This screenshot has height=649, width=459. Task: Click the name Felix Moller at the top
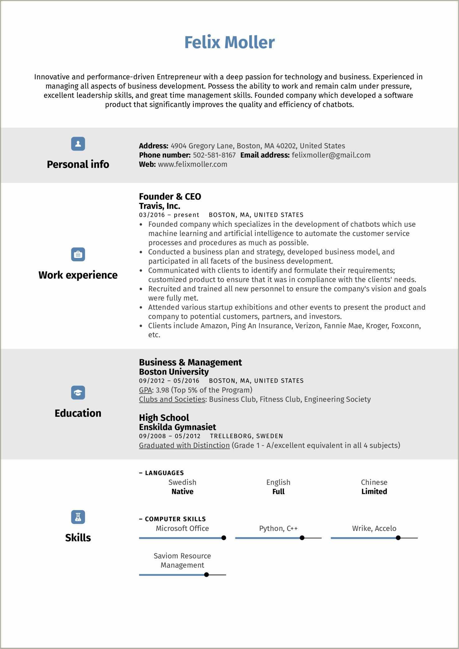(230, 42)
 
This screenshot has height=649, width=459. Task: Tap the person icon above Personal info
(78, 144)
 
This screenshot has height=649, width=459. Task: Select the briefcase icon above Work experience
(78, 255)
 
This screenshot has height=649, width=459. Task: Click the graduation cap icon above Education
(78, 393)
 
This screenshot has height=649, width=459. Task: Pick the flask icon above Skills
(78, 517)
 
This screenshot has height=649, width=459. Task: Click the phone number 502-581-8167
(214, 155)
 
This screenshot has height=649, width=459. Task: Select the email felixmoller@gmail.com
(331, 155)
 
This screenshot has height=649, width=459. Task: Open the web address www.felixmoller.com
(192, 164)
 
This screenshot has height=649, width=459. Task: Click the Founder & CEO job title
(170, 197)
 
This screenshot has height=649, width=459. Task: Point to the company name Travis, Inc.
(159, 206)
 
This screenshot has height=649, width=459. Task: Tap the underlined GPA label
(145, 390)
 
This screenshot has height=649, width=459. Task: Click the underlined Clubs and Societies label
(172, 399)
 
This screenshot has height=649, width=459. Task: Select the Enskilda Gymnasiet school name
(177, 427)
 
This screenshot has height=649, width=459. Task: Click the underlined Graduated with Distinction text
(184, 446)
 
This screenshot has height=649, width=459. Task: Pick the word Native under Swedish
(182, 492)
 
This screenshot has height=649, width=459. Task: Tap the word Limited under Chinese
(374, 492)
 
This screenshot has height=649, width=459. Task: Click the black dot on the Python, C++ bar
(302, 538)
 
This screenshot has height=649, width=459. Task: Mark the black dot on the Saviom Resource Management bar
(206, 575)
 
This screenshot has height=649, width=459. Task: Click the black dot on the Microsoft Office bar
(224, 538)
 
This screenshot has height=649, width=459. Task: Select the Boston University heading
(174, 372)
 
